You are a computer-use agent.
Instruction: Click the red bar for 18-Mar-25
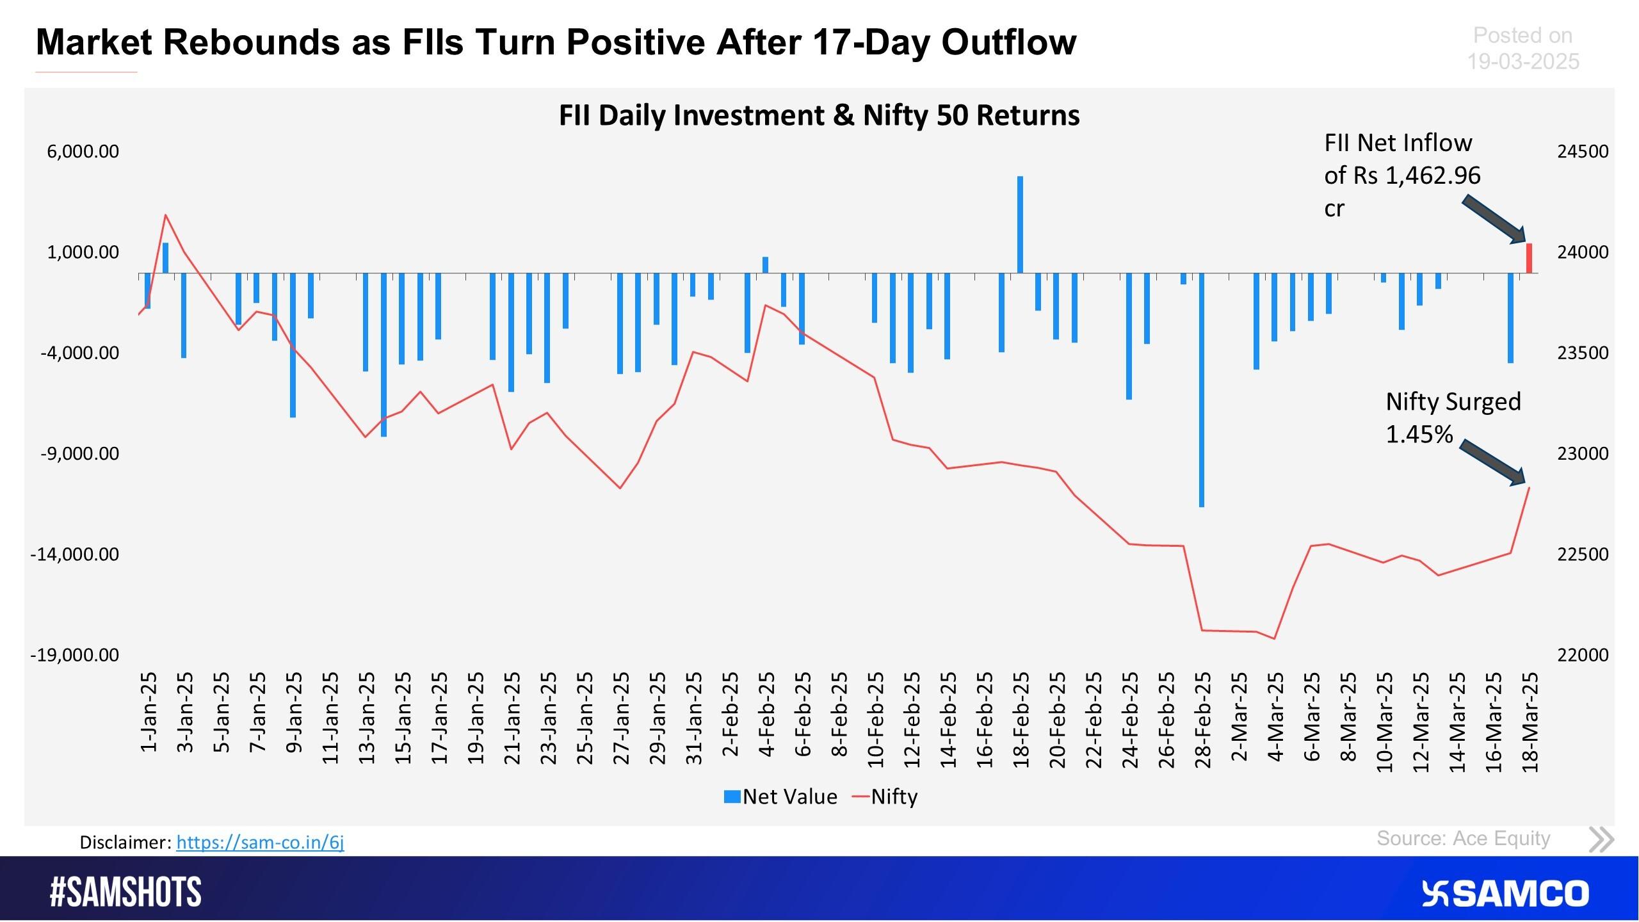coord(1529,258)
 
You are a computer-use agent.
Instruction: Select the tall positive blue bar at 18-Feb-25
coord(1020,224)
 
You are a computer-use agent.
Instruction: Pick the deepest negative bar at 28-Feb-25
coord(1202,391)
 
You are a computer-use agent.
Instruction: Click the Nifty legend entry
coord(886,797)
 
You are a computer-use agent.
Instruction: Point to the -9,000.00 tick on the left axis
coord(80,453)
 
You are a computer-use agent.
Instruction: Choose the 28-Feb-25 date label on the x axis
coord(1204,720)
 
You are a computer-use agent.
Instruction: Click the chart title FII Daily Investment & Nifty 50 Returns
coord(819,115)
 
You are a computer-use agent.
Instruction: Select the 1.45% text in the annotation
coord(1419,435)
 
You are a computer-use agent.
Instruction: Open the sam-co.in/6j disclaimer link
coord(260,842)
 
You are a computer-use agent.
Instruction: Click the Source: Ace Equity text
coord(1463,838)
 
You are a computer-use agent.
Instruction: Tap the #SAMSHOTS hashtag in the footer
coord(125,892)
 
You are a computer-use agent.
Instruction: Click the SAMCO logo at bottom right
coord(1505,893)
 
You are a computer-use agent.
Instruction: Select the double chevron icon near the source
coord(1601,839)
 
